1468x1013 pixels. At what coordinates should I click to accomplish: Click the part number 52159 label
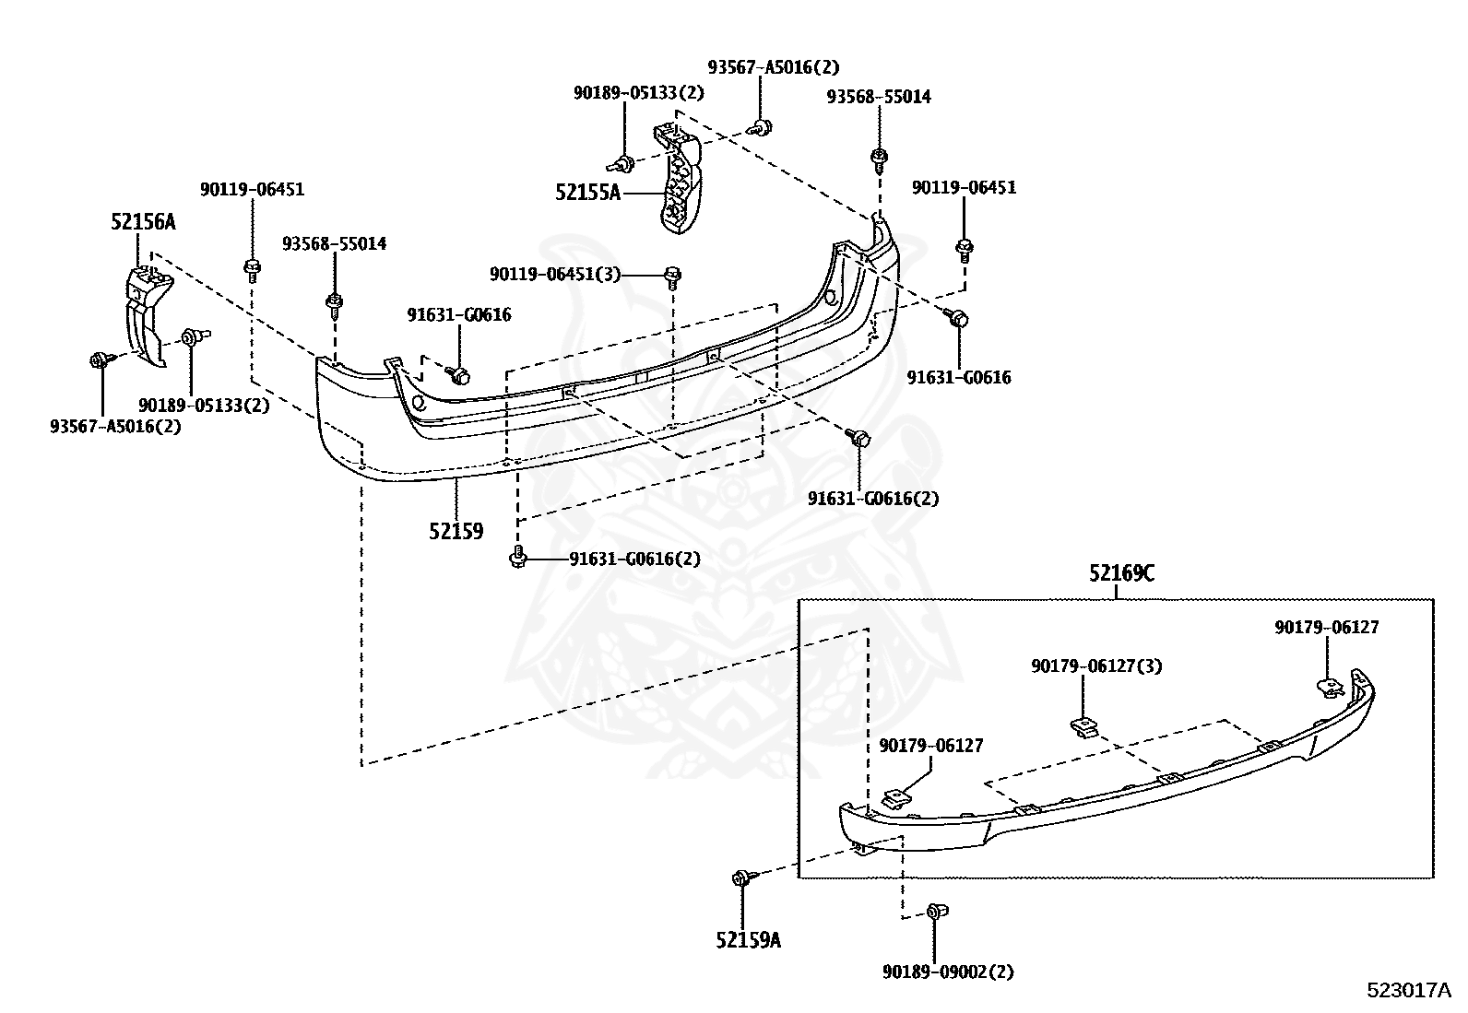click(456, 532)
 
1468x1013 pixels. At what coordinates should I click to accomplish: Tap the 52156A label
click(143, 222)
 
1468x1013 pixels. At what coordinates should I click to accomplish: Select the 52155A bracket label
click(588, 193)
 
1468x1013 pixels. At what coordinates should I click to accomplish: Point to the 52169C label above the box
click(1120, 573)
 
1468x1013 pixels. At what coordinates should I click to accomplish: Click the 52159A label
click(748, 940)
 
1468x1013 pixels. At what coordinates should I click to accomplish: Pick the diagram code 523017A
click(1408, 991)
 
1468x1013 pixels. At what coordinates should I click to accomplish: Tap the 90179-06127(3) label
click(1095, 666)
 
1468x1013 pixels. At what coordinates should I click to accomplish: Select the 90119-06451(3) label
click(555, 274)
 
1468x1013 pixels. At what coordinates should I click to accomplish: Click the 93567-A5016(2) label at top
click(774, 67)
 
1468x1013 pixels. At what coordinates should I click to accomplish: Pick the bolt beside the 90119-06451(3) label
click(672, 275)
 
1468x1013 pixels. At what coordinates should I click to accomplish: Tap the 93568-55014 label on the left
click(334, 244)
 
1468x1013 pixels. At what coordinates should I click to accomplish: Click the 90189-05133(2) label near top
click(638, 92)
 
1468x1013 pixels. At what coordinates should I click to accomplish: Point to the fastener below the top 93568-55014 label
click(879, 158)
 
